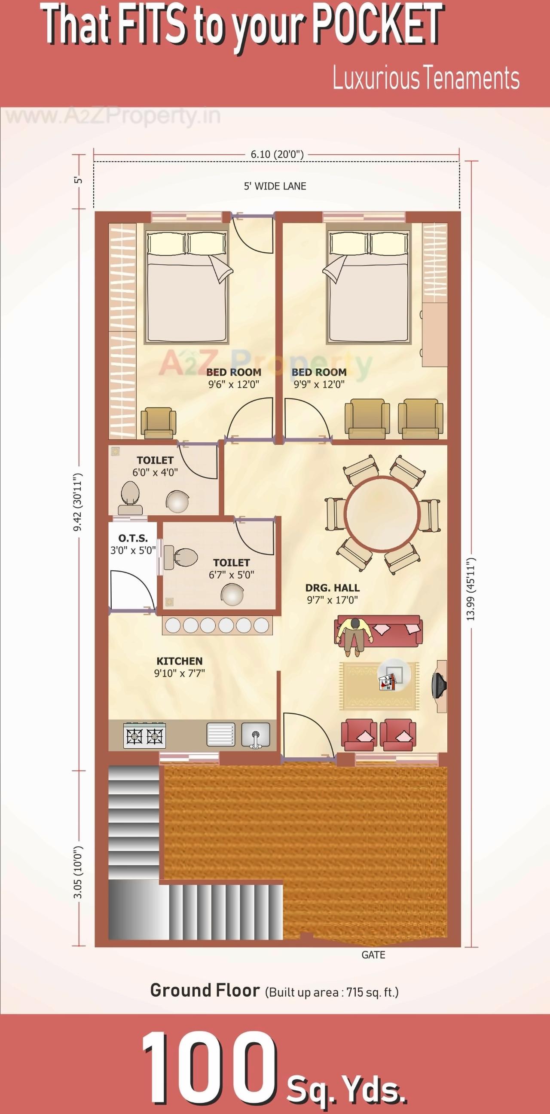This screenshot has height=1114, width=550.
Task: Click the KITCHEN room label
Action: coord(180,661)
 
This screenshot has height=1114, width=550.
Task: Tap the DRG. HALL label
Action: coord(332,588)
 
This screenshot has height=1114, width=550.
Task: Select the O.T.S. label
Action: coord(133,539)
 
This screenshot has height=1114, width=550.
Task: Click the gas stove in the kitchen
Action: coord(144,735)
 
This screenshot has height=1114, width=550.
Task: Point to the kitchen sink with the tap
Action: coord(256,735)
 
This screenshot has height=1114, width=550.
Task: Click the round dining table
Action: coord(382,514)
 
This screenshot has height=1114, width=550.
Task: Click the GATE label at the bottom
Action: coord(373,955)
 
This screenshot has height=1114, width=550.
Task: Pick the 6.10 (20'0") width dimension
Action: coord(277,154)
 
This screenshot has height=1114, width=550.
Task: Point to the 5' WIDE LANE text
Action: coord(275,187)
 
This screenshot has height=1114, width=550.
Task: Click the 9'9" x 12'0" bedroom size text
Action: coord(319,385)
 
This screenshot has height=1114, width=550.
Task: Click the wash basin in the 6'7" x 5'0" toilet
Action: coord(232,594)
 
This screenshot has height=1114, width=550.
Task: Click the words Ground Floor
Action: coord(205,990)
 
